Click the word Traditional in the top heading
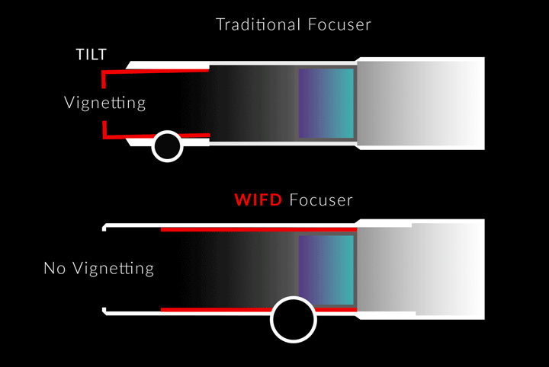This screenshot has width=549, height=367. pyautogui.click(x=258, y=24)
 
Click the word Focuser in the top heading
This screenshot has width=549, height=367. pyautogui.click(x=339, y=24)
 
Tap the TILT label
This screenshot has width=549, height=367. pyautogui.click(x=91, y=55)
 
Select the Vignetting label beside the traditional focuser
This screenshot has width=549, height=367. pyautogui.click(x=104, y=103)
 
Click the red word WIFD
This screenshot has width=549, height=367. pyautogui.click(x=258, y=200)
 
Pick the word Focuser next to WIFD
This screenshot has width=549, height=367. pyautogui.click(x=321, y=200)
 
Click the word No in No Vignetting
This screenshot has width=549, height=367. pyautogui.click(x=55, y=269)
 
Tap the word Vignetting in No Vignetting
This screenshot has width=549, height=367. pyautogui.click(x=113, y=269)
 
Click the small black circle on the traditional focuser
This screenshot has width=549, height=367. pyautogui.click(x=167, y=146)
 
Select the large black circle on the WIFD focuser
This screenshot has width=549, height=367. pyautogui.click(x=294, y=320)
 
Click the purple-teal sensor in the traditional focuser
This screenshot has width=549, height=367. pyautogui.click(x=326, y=103)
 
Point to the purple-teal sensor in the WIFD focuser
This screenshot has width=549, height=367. pyautogui.click(x=326, y=270)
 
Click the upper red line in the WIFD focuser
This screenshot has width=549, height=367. pyautogui.click(x=258, y=230)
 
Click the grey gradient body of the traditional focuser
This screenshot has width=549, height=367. pyautogui.click(x=421, y=104)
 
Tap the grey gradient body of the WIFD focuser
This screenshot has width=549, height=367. pyautogui.click(x=421, y=269)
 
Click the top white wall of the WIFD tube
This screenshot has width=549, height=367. pyautogui.click(x=230, y=225)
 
